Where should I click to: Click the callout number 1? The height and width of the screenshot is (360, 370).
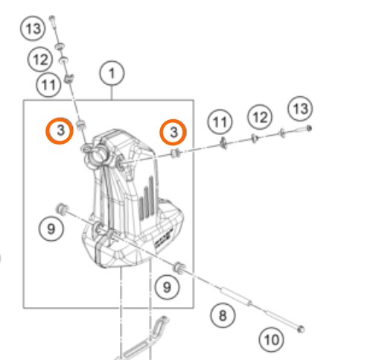112,73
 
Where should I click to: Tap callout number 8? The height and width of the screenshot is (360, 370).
223,315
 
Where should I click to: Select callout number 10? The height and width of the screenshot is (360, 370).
271,339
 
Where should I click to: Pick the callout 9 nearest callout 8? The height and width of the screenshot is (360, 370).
167,287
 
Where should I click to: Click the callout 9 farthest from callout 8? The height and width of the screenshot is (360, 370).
51,229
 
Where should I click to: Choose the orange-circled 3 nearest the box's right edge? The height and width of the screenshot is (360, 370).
173,132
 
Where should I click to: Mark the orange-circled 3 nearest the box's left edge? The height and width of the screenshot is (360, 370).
60,130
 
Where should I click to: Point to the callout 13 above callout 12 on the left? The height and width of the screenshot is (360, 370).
33,28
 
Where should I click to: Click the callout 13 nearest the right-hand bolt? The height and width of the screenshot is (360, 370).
301,109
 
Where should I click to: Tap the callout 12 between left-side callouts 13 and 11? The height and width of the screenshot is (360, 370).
40,60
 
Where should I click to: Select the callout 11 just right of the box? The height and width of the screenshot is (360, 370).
220,121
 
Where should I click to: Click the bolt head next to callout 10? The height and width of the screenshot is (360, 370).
301,329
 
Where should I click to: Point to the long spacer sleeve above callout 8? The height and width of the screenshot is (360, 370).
236,296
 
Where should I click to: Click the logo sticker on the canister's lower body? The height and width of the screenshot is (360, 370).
163,239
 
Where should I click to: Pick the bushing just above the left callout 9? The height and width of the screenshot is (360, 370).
61,209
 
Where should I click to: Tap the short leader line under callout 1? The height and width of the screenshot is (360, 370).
112,92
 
